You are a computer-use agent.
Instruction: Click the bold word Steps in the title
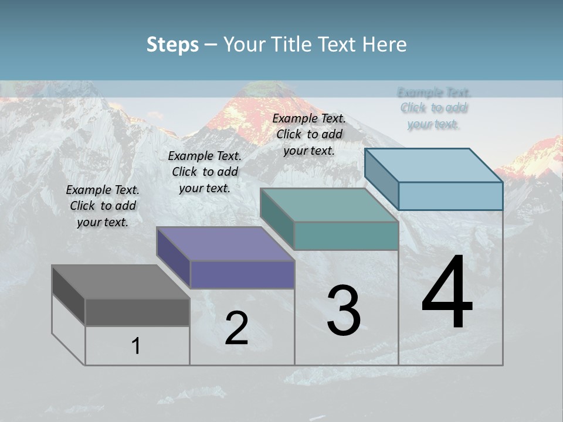(x=172, y=45)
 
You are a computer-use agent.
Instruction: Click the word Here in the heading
(x=384, y=45)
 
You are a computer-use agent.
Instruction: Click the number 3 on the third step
(x=344, y=311)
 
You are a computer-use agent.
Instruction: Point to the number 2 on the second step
(x=236, y=328)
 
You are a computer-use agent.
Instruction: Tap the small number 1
(x=136, y=346)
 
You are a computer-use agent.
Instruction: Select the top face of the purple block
(x=225, y=244)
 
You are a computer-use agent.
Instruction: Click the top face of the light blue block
(x=434, y=165)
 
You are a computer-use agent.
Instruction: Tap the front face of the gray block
(x=137, y=312)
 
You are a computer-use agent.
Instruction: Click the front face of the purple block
(x=242, y=274)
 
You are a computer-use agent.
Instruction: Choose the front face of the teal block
(x=346, y=236)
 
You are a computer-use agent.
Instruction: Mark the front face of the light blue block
(x=450, y=196)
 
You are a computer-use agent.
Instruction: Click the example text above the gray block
(x=103, y=206)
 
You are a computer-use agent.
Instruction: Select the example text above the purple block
(x=205, y=172)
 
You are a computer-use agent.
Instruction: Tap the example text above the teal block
(x=309, y=134)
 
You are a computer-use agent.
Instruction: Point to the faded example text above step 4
(x=434, y=108)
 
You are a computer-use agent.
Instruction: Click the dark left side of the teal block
(x=277, y=219)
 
